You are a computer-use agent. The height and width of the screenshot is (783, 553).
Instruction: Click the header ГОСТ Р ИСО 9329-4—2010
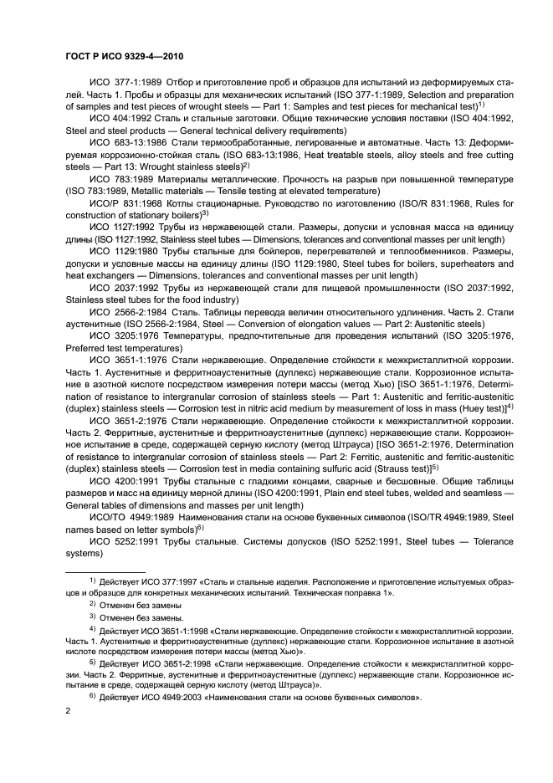click(125, 58)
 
